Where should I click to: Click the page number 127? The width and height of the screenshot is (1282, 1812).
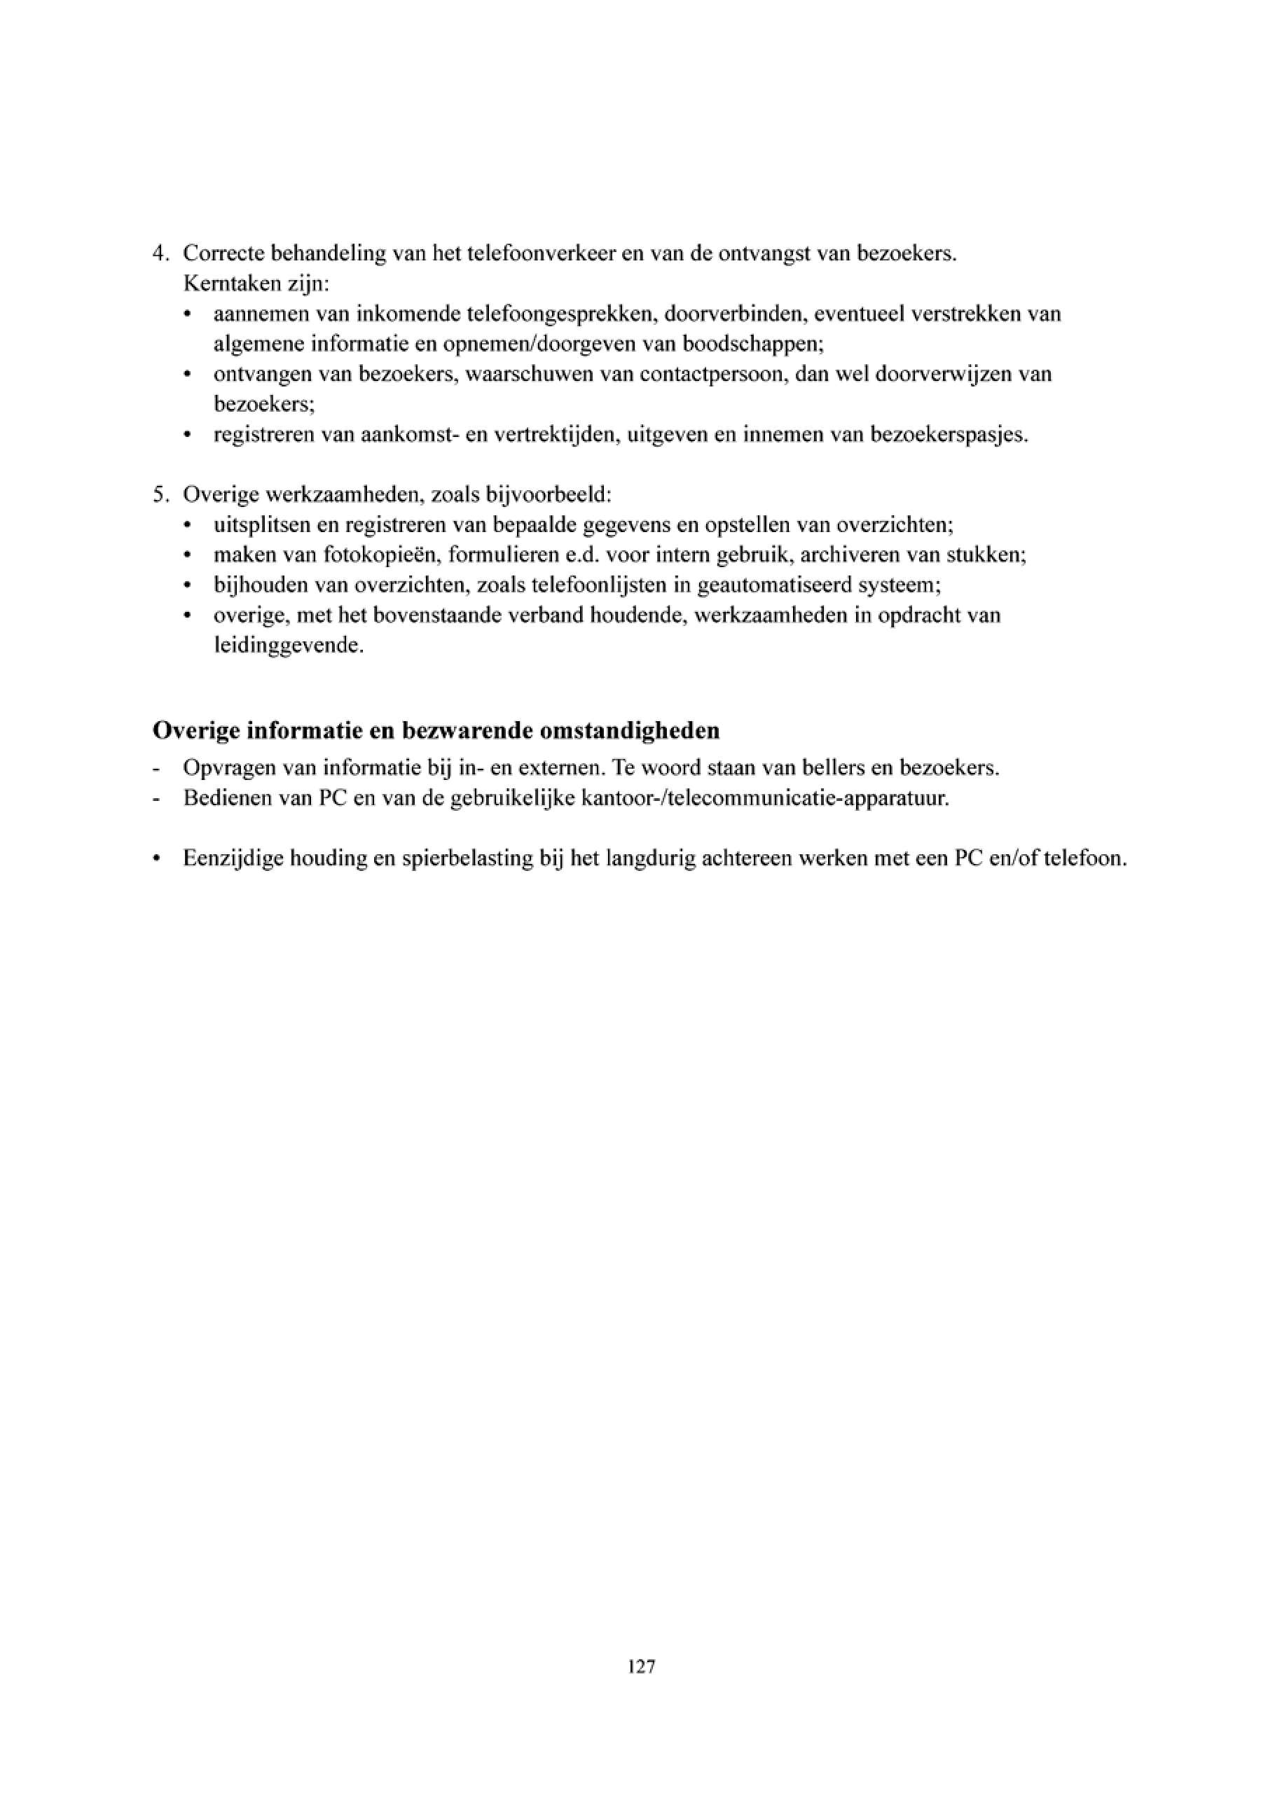pos(641,1667)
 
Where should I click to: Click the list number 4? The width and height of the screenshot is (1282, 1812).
pos(160,254)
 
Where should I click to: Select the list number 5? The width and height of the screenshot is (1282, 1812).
pos(160,495)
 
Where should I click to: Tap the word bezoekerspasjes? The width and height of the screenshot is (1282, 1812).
pos(949,435)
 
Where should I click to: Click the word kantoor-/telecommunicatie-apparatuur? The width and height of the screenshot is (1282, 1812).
pos(764,798)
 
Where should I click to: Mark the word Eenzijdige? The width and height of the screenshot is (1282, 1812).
pos(233,858)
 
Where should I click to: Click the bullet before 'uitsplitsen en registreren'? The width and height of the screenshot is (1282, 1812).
pos(187,526)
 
